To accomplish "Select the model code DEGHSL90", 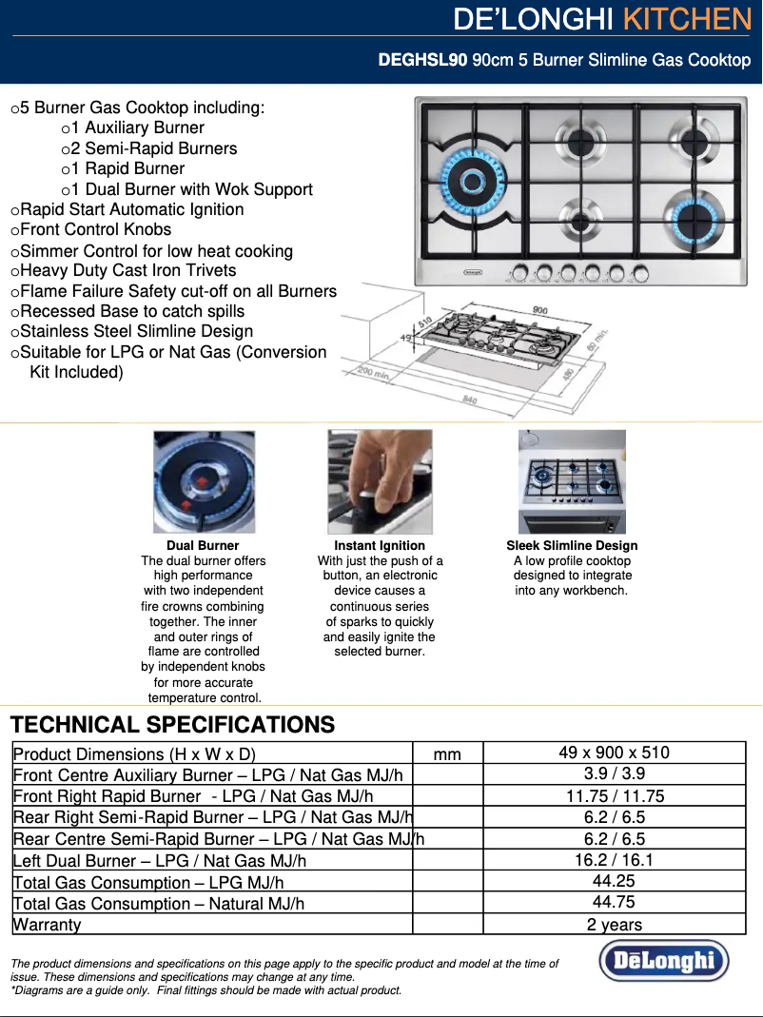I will tap(422, 61).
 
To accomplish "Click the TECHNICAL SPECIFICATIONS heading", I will tap(172, 725).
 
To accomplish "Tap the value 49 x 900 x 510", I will tap(614, 753).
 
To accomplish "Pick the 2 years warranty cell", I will tap(614, 925).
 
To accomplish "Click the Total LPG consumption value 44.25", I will tap(614, 881).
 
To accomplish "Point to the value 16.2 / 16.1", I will tap(614, 860).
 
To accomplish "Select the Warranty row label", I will tap(47, 925).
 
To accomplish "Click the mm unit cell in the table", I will tap(446, 754).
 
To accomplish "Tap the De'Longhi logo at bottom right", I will tap(663, 960).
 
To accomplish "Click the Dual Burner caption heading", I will tap(203, 546).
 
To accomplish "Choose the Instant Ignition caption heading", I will tap(380, 546).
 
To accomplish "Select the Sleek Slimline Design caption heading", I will tap(572, 546).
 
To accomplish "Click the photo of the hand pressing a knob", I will tap(380, 481).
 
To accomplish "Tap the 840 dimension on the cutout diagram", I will tap(469, 400).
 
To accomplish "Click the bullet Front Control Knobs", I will tap(95, 229).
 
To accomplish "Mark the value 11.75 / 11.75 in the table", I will tap(614, 796).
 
